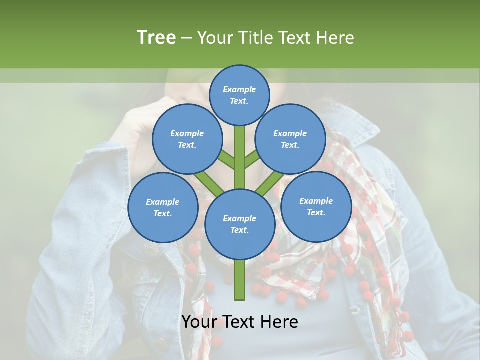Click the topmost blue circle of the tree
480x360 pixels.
point(240,95)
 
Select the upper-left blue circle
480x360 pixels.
point(187,139)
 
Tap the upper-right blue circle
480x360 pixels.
point(290,139)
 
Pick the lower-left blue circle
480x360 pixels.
point(163,208)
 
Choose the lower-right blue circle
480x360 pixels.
point(316,207)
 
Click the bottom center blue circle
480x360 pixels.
point(240,224)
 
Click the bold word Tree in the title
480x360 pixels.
point(156,37)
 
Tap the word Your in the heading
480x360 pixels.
point(214,37)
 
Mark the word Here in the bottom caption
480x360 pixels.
point(279,322)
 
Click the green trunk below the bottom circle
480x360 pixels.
point(240,280)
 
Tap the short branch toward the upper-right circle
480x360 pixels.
point(252,159)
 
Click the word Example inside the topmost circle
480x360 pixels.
point(239,89)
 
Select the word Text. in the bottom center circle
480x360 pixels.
point(239,230)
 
